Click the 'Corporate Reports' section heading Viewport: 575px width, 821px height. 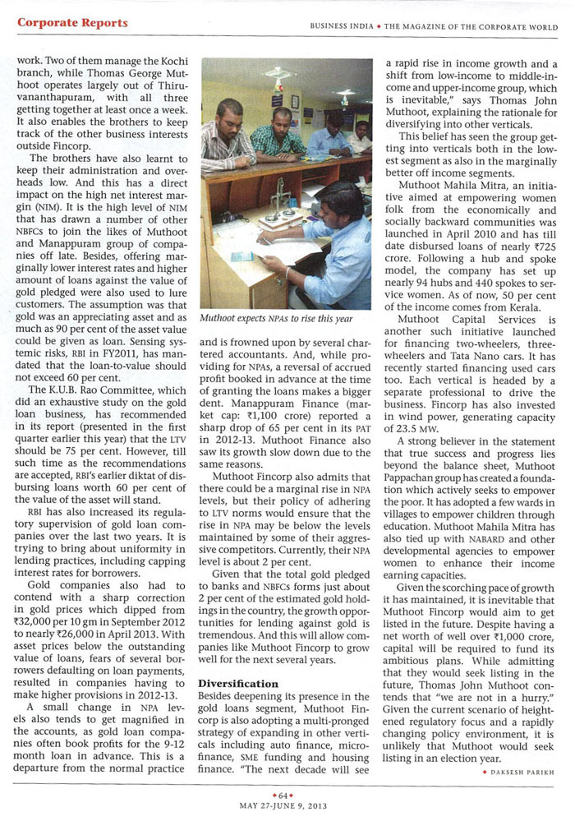(x=72, y=23)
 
